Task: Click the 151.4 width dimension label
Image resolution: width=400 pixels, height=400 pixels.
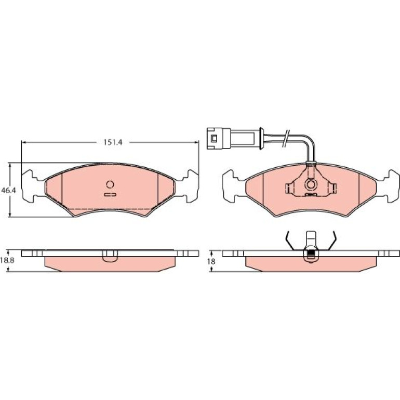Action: (113, 142)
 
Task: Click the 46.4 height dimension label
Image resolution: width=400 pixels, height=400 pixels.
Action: (8, 190)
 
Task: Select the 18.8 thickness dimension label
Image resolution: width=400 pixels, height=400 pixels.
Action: (7, 260)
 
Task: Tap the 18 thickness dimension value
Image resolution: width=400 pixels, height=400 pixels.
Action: (211, 261)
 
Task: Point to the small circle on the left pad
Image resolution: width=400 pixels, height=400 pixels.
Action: (110, 184)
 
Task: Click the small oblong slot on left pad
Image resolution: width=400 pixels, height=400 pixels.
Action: (110, 195)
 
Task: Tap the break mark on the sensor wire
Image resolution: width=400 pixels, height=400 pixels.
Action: (286, 138)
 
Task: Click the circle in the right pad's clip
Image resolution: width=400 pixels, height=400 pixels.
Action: (311, 184)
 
